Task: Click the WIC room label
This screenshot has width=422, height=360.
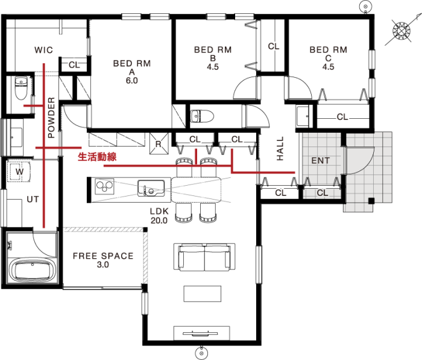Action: (x=43, y=50)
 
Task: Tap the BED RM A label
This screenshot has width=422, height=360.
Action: (x=132, y=72)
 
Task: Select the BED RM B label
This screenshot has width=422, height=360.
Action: (x=213, y=58)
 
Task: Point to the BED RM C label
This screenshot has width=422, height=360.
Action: (x=329, y=58)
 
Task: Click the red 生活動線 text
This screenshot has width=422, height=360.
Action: (x=97, y=157)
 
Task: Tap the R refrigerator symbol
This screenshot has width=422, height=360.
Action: (x=159, y=144)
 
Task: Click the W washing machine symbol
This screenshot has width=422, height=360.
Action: (x=19, y=172)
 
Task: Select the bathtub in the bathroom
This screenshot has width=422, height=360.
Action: (x=33, y=270)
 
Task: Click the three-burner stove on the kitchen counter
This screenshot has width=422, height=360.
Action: (x=104, y=186)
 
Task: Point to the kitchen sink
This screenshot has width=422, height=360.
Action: (x=151, y=188)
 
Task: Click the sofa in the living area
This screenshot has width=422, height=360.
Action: (x=204, y=257)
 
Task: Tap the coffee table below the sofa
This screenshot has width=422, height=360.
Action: (x=203, y=294)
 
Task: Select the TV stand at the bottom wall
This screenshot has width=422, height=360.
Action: (x=201, y=333)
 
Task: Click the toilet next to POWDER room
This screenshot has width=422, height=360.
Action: (x=21, y=88)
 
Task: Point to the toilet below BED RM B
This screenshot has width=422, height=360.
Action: (x=202, y=116)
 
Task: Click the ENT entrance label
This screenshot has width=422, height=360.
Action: (x=320, y=161)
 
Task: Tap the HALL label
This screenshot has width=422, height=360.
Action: (x=280, y=148)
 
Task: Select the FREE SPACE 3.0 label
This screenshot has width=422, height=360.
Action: (x=103, y=260)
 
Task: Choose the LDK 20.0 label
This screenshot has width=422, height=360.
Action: (x=159, y=216)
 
